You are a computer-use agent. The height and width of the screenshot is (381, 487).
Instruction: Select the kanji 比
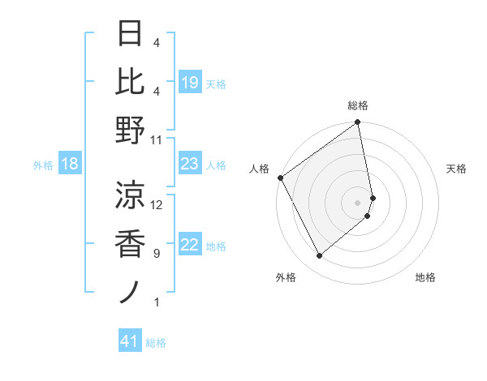131,81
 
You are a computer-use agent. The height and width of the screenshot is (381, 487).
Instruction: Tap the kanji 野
131,130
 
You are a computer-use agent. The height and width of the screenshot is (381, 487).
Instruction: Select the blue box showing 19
189,82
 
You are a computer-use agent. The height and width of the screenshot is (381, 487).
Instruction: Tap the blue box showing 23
189,165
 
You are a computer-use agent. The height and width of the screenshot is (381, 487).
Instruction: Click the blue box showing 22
189,246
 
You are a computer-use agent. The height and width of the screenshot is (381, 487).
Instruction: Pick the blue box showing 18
70,165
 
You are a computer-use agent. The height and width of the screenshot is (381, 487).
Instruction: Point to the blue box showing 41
129,342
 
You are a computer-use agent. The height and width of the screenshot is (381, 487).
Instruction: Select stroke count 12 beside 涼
157,204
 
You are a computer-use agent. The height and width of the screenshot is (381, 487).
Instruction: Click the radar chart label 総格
358,106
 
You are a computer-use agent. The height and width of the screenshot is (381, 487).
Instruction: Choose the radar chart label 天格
457,169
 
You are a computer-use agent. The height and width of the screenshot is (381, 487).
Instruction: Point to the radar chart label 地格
425,277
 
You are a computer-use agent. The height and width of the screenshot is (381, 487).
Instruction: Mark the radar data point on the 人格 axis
280,178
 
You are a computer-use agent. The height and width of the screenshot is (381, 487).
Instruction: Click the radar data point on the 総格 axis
358,123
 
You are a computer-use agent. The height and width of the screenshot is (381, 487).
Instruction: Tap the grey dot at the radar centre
358,202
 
